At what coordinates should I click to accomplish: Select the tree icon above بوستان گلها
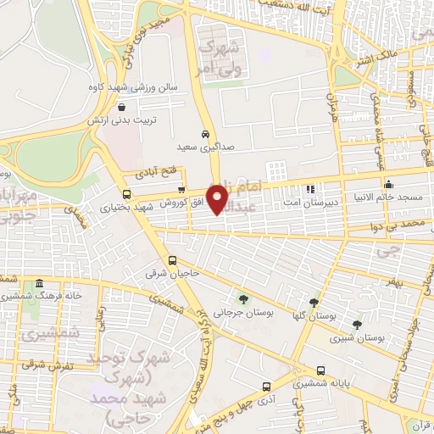click(x=314, y=303)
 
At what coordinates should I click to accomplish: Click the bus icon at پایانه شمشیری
click(x=320, y=370)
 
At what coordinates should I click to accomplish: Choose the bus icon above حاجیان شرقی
click(x=173, y=260)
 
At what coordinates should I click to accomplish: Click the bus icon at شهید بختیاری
click(x=126, y=195)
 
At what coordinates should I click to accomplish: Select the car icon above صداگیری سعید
click(x=205, y=134)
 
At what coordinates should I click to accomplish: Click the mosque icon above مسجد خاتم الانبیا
click(x=388, y=184)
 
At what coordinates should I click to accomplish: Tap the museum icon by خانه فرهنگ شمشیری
click(x=39, y=283)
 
